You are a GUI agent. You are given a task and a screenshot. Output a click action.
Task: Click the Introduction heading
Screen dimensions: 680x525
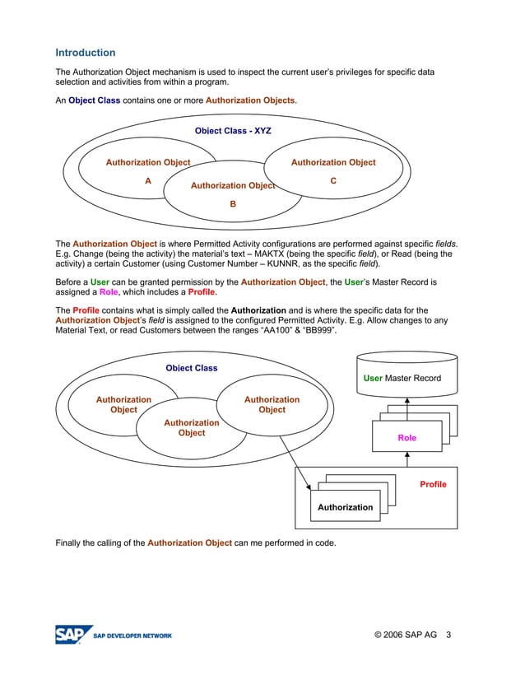click(x=86, y=53)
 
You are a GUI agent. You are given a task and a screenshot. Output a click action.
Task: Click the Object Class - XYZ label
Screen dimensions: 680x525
click(x=233, y=131)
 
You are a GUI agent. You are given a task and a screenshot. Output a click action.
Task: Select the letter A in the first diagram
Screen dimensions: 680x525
click(x=148, y=182)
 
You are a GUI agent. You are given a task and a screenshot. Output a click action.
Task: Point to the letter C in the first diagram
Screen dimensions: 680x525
click(x=333, y=181)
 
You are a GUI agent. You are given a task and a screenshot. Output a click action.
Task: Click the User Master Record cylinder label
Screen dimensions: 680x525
click(x=402, y=379)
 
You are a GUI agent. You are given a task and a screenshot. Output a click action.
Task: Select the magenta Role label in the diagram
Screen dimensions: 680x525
click(x=407, y=438)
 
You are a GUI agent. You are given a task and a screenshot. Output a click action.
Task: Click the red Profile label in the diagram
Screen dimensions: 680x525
click(x=433, y=485)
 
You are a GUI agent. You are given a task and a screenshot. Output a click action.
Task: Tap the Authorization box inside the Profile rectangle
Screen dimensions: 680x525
click(x=345, y=507)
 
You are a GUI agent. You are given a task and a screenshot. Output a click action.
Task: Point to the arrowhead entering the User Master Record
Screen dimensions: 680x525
click(x=407, y=401)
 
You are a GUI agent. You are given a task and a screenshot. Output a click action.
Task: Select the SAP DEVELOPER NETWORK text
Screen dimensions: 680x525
click(x=132, y=636)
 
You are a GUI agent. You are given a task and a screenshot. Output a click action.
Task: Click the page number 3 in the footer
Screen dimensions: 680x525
click(x=449, y=635)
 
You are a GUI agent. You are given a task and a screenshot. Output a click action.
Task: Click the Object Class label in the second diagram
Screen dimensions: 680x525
click(x=192, y=368)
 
